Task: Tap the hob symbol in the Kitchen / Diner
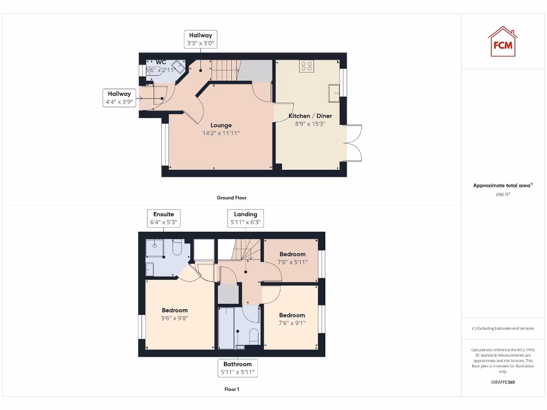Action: [x=307, y=66]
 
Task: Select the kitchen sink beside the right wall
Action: [x=334, y=92]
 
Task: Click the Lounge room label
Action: [x=221, y=125]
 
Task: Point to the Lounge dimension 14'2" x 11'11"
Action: [x=221, y=133]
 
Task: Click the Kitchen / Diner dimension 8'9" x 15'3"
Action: [x=310, y=124]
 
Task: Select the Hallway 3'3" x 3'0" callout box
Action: [x=200, y=40]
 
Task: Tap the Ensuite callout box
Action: [x=163, y=218]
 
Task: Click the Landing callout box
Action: [x=245, y=218]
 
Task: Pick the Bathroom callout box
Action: [x=238, y=368]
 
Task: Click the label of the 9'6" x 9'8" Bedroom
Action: [x=175, y=310]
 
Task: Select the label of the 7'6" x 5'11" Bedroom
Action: [x=292, y=254]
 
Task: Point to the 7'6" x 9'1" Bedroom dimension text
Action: [x=292, y=323]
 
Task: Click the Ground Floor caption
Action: [x=231, y=198]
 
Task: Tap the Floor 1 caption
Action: [x=231, y=389]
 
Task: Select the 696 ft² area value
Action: [x=503, y=195]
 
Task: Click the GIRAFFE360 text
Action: [x=503, y=382]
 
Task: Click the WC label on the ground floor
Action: [x=161, y=62]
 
